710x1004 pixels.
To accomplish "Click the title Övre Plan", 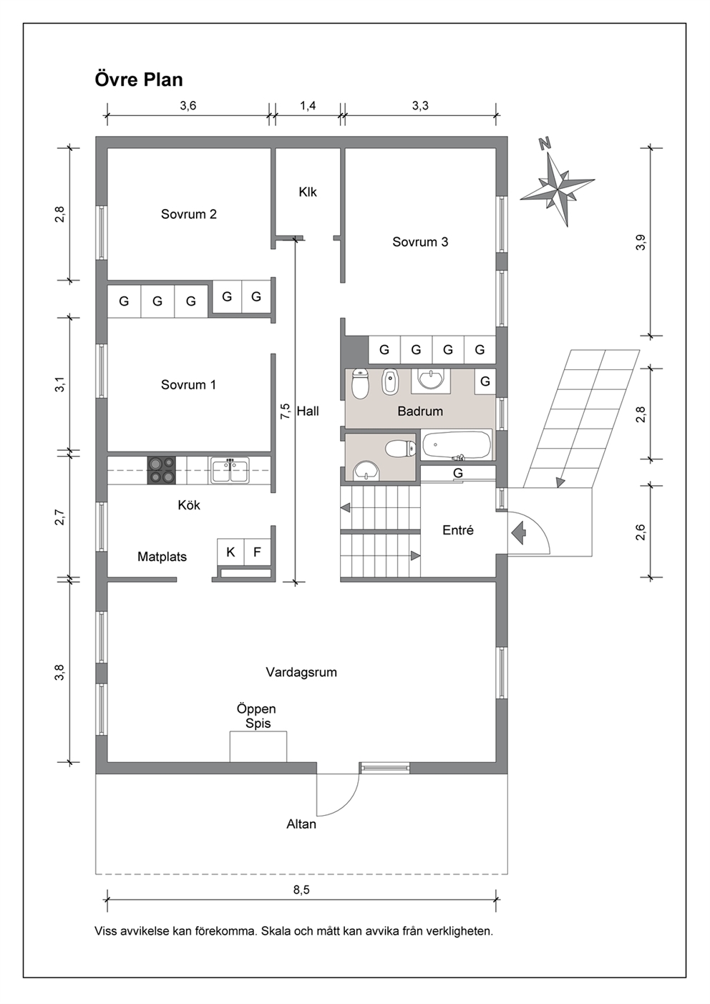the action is coord(139,79).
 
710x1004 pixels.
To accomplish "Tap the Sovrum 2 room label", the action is coord(189,214).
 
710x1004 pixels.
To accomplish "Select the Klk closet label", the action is coord(308,192).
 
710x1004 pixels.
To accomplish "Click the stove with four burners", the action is coord(161,469).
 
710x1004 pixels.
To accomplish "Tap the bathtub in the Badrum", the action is coord(457,444).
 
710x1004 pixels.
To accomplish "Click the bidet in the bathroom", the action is coord(390,382).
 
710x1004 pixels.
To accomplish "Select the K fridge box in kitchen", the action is coord(231,552).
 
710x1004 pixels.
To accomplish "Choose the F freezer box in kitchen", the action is coord(257,552).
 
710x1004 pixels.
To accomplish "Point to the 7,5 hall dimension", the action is coord(286,411).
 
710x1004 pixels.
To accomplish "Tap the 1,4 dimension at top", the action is coord(308,105).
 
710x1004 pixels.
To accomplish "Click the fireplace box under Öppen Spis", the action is coord(258,746).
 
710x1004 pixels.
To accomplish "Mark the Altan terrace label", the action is coord(301,824).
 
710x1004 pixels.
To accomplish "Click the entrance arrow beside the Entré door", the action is coord(517,533).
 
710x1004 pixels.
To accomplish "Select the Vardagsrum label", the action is coord(301,673).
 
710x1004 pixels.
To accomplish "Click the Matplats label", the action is coord(162,557).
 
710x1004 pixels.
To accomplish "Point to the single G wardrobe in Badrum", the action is coord(485,381).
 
